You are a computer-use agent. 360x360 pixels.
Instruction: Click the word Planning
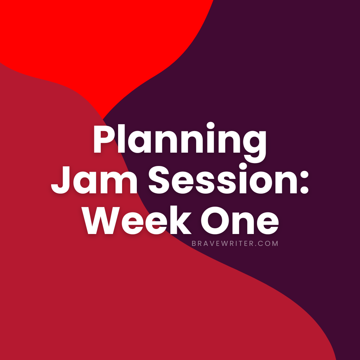click(180, 142)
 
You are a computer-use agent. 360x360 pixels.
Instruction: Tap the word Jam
click(94, 179)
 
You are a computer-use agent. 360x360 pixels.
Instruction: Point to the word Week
click(137, 220)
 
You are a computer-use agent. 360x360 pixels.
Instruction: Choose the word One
click(240, 220)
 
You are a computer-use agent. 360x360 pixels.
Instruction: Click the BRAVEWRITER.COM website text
click(235, 244)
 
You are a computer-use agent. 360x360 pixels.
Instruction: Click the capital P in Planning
click(104, 139)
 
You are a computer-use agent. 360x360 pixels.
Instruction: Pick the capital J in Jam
click(60, 180)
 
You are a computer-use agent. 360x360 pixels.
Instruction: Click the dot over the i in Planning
click(210, 126)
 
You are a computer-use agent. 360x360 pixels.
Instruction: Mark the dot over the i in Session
click(243, 166)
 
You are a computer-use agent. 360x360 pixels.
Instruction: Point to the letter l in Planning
click(121, 139)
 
